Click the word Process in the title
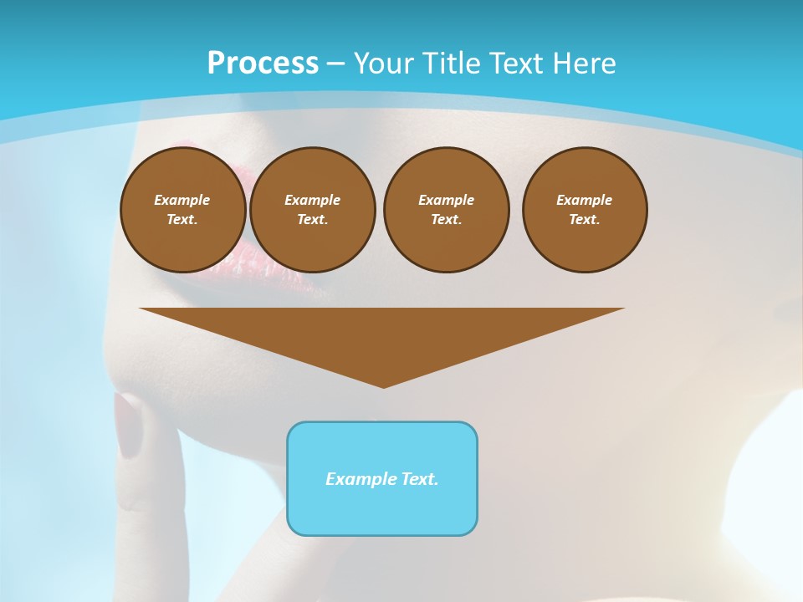click(263, 64)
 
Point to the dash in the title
click(335, 64)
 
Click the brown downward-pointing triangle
click(382, 334)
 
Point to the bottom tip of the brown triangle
click(383, 385)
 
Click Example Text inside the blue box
click(382, 479)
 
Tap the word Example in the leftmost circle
click(182, 200)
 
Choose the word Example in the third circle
click(446, 200)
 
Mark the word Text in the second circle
click(311, 219)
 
